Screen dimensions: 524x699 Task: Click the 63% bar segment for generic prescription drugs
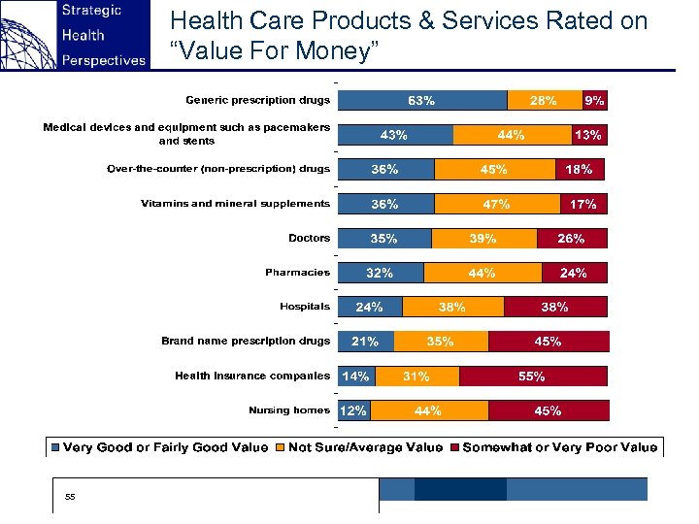(x=421, y=100)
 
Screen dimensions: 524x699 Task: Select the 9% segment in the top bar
(x=594, y=100)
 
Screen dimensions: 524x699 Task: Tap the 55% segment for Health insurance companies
(x=533, y=376)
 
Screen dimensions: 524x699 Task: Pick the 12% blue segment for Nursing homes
(x=353, y=410)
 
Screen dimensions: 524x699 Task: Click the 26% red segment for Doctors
(x=571, y=238)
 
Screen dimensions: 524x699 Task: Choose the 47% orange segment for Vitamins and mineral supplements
(x=497, y=204)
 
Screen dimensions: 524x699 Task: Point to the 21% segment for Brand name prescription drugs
(x=365, y=342)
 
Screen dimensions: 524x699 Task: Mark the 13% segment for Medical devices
(x=588, y=135)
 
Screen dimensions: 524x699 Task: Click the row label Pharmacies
(x=298, y=273)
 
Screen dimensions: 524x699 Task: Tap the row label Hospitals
(x=305, y=307)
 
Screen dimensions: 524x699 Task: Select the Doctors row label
(x=309, y=238)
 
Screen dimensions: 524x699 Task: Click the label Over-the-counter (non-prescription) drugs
(x=218, y=169)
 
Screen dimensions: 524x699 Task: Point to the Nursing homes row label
(x=289, y=410)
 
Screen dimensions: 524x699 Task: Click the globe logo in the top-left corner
(x=26, y=35)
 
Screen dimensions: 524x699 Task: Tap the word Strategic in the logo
(x=91, y=11)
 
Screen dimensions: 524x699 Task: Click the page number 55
(x=70, y=497)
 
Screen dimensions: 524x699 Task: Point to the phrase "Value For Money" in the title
(x=273, y=51)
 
